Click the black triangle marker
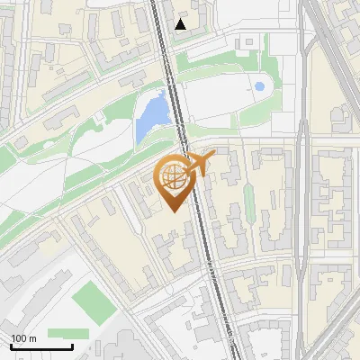click(x=182, y=24)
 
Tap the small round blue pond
click(x=259, y=87)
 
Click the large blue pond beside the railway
click(x=152, y=115)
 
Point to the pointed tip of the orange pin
click(x=171, y=211)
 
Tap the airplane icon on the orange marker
click(x=197, y=164)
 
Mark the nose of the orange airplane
click(x=213, y=154)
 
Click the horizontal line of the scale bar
click(x=40, y=346)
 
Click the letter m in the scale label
click(x=32, y=338)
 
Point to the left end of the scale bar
click(x=10, y=346)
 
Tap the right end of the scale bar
click(x=72, y=346)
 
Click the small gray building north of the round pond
click(x=245, y=41)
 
